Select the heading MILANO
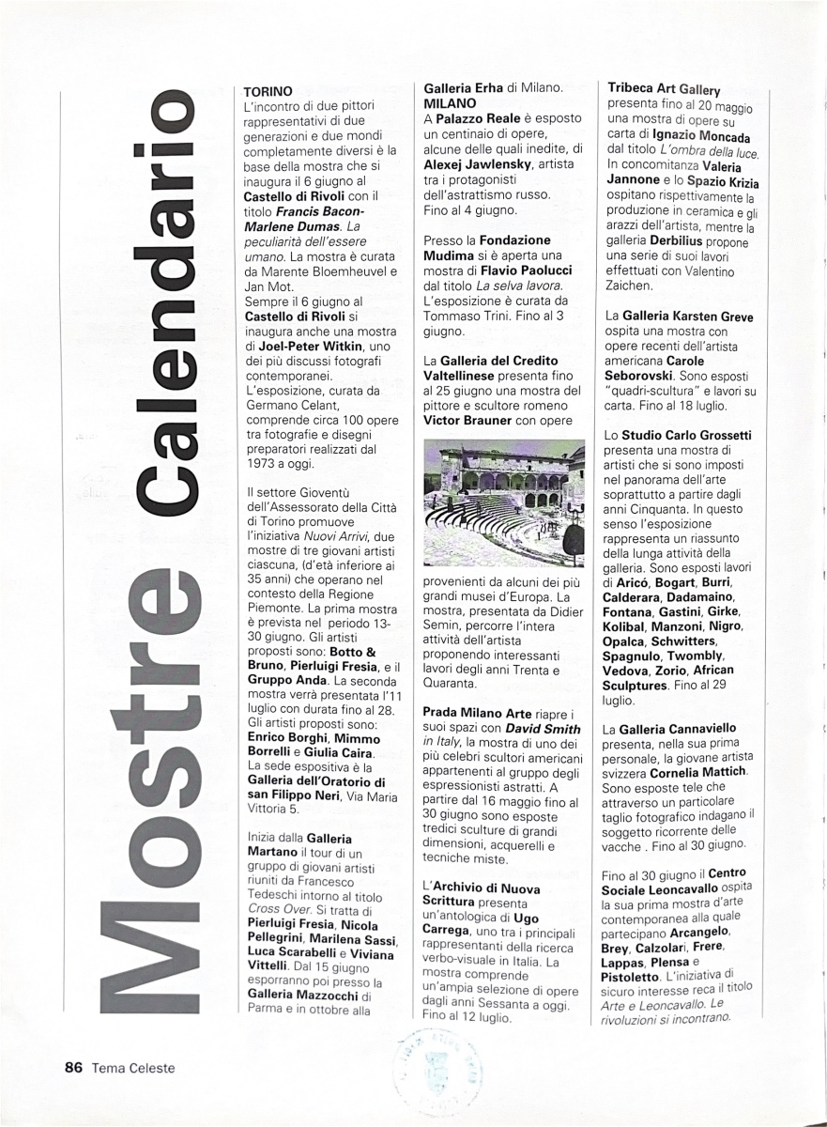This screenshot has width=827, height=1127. (450, 102)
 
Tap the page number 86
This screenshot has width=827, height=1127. (74, 1067)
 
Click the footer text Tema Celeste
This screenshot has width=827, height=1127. (133, 1067)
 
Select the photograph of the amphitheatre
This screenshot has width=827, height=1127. (504, 502)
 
